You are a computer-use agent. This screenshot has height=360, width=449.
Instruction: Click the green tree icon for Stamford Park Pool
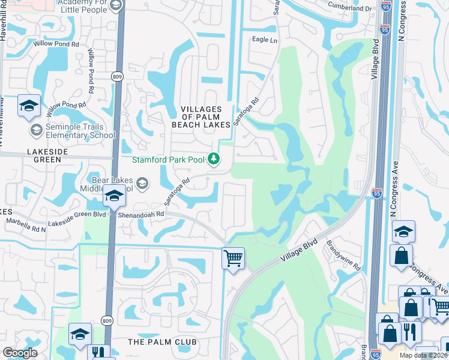[x=213, y=159]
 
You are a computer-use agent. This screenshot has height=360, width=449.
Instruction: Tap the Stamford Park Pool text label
[x=169, y=160]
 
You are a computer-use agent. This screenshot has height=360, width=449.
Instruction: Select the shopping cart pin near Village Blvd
[x=233, y=259]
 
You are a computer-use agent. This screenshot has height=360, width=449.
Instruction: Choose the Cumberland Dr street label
[x=350, y=8]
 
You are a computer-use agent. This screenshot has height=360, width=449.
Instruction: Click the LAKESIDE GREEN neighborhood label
[x=55, y=152]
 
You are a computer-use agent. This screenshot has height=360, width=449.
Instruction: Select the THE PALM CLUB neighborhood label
[x=162, y=342]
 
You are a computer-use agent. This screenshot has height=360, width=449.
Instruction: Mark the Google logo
[x=20, y=353]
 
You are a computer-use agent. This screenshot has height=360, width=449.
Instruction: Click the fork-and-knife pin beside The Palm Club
[x=97, y=352]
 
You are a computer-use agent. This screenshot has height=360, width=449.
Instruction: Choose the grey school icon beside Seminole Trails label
[x=37, y=131]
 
